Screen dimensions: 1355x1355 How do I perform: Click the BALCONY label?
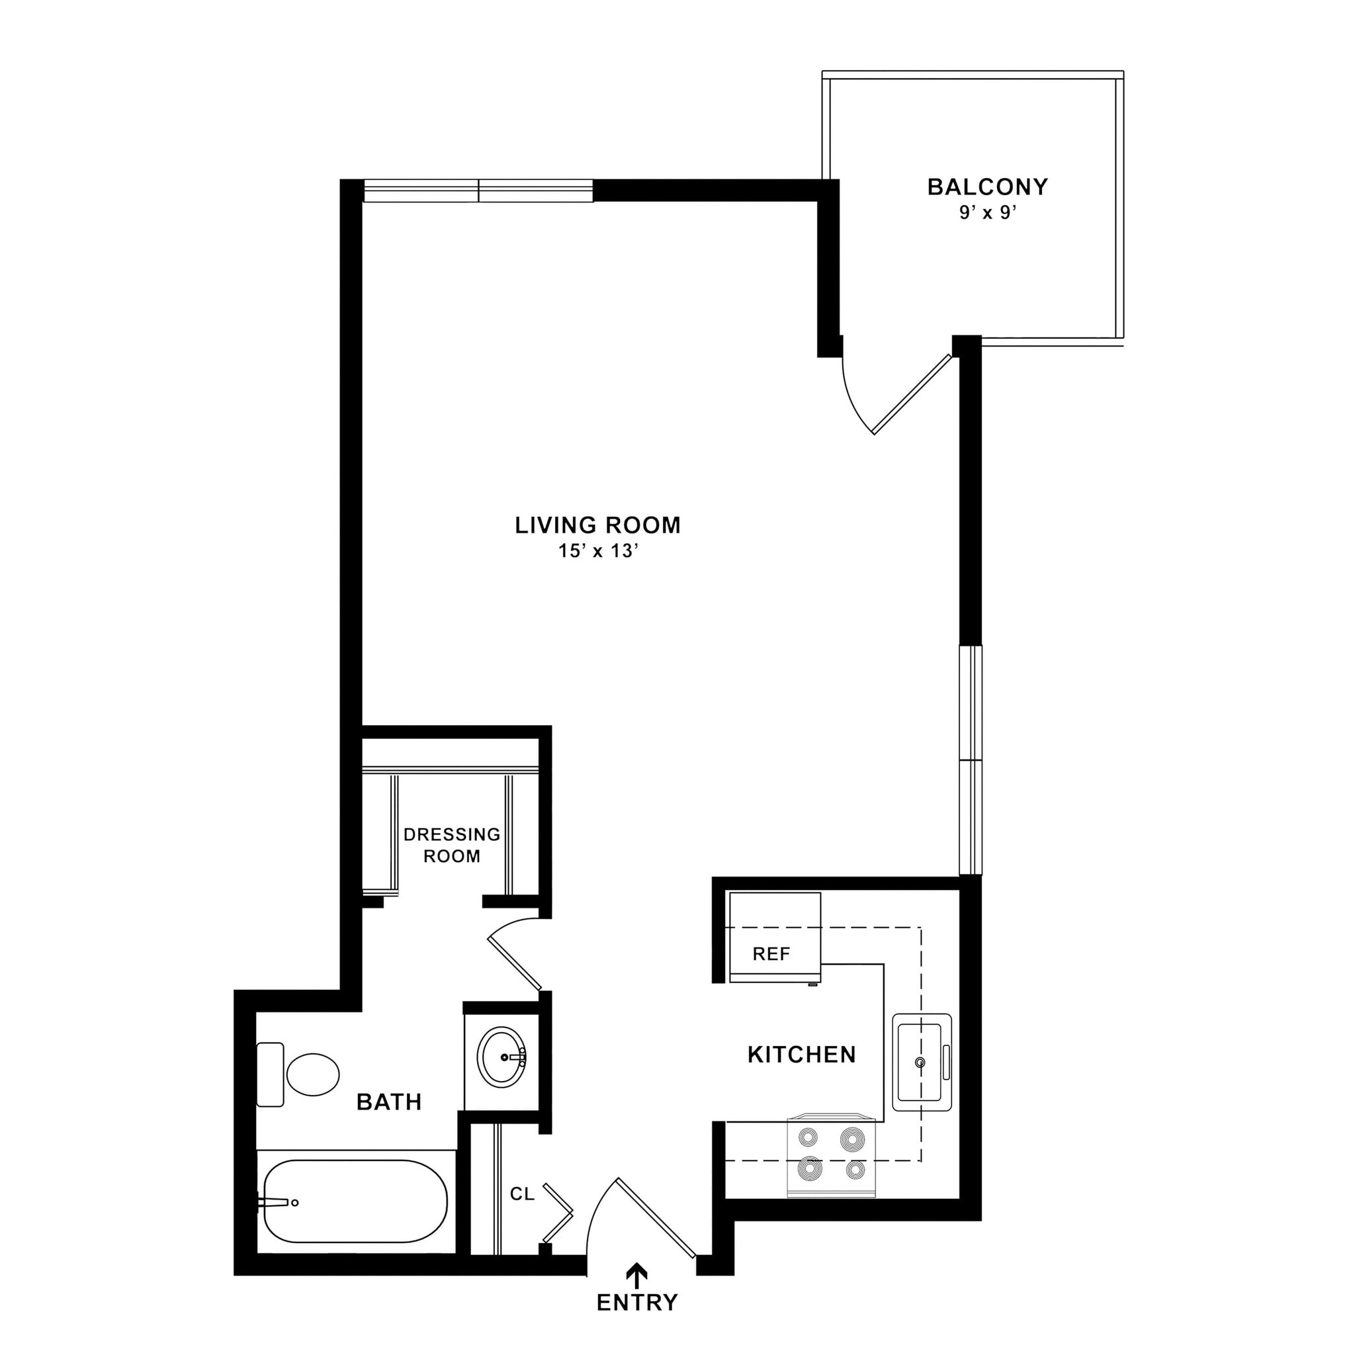pos(988,187)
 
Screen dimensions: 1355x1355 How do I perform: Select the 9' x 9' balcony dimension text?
pos(988,213)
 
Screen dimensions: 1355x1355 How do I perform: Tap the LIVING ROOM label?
pos(597,525)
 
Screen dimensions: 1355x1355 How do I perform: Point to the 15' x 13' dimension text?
pos(597,551)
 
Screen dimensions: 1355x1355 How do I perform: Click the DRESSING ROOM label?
pos(452,845)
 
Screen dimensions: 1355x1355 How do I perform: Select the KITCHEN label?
pos(802,1055)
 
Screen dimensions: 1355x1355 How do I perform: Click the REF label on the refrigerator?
pos(771,954)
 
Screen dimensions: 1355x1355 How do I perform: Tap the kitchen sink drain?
pos(920,1063)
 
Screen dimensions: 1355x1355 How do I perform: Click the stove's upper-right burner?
pos(853,1139)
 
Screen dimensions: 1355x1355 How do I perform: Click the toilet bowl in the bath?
pos(313,1074)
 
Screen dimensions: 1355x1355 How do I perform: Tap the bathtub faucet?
pos(277,1203)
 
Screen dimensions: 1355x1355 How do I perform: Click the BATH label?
pos(389,1102)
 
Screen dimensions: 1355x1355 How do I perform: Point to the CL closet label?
pos(522,1194)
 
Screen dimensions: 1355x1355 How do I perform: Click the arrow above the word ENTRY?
pos(637,1274)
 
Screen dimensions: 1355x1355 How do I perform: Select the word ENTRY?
pos(637,1303)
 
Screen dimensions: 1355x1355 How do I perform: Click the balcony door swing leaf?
pos(912,395)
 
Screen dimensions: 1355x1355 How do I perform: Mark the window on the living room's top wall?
pos(478,191)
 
